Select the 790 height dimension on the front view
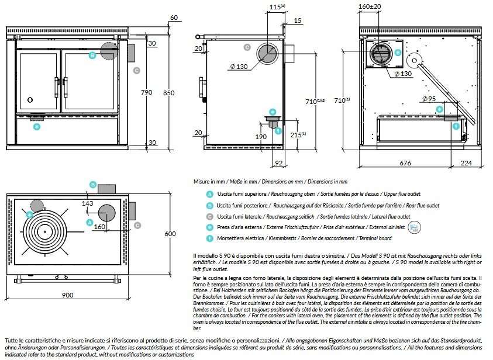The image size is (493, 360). pos(146,92)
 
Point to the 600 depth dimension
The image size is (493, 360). pos(170,234)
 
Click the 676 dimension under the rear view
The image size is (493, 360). pos(405,164)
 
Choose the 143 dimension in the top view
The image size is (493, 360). pos(88,203)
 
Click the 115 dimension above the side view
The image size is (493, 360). pos(276,8)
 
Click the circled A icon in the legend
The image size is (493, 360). pos(209,194)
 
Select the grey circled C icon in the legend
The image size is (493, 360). pos(209,216)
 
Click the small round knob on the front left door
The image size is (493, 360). pos(33,100)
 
